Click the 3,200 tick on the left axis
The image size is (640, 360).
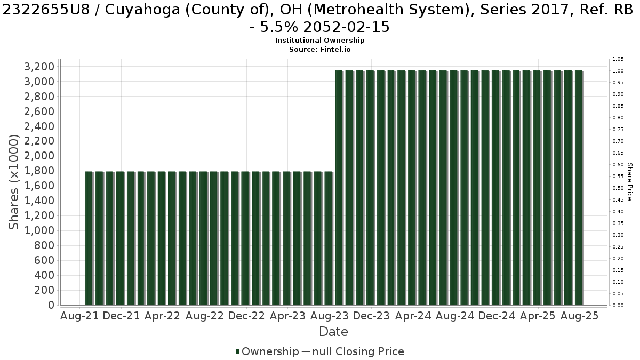click(39, 67)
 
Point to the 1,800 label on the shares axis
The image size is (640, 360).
click(39, 171)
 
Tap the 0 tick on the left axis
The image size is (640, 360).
click(51, 305)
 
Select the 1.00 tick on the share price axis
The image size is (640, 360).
click(618, 71)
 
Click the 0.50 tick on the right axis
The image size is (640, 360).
click(618, 188)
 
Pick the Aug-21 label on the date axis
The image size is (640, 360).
click(79, 316)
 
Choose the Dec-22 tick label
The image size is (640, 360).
click(246, 316)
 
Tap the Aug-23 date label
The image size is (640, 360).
click(330, 316)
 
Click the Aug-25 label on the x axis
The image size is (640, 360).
click(580, 316)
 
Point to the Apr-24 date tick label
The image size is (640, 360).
click(413, 316)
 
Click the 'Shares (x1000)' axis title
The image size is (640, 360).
click(13, 182)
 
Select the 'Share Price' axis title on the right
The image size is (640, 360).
click(630, 182)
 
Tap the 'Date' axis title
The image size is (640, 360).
click(333, 332)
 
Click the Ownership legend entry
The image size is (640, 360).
click(267, 351)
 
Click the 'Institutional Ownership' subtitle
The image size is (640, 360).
click(319, 41)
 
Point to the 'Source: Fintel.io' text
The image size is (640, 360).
click(319, 50)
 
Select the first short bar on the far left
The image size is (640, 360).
click(89, 238)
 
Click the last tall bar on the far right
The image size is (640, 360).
click(579, 188)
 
